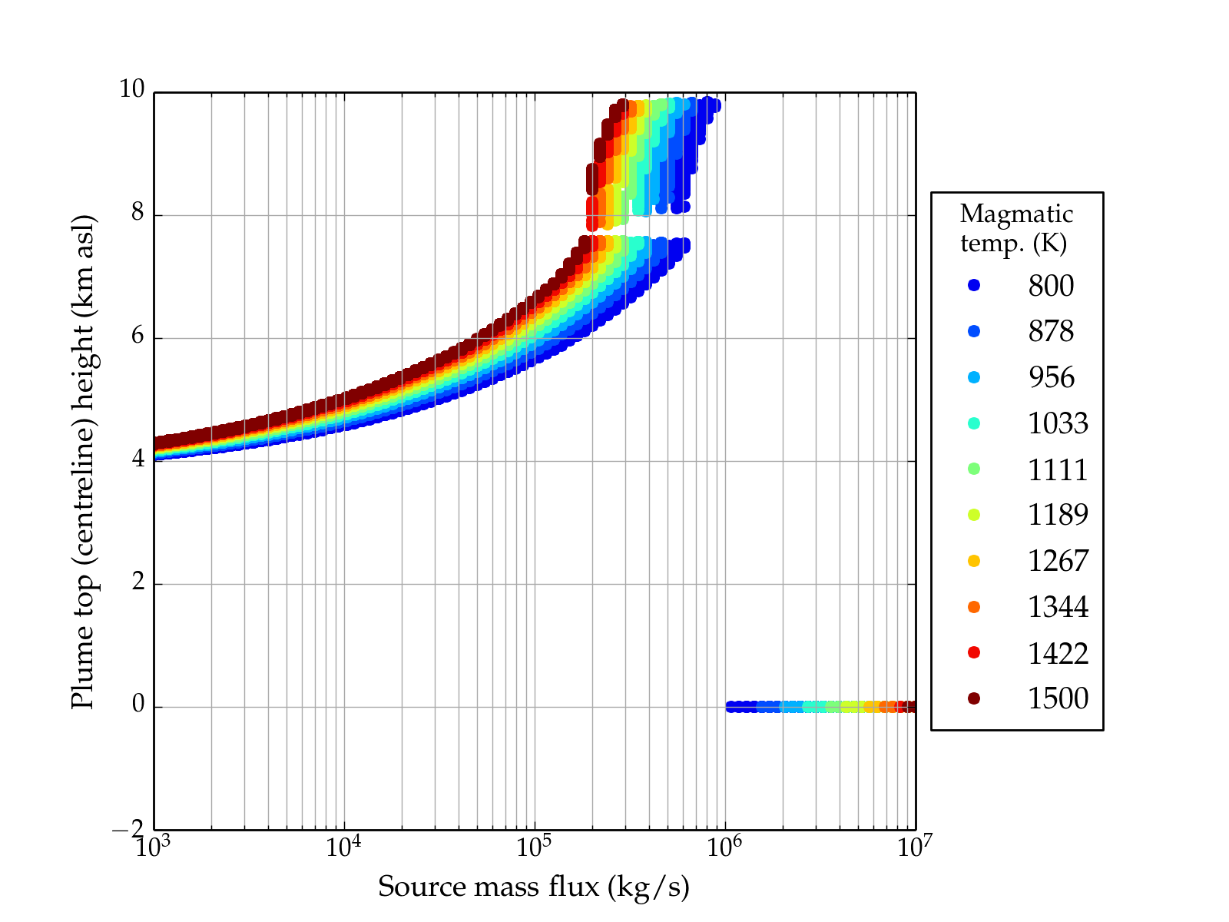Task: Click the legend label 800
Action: pyautogui.click(x=1051, y=286)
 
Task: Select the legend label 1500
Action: pyautogui.click(x=1058, y=698)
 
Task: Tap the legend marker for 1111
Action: pyautogui.click(x=974, y=469)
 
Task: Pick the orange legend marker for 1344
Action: pyautogui.click(x=974, y=607)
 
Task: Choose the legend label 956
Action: pyautogui.click(x=1051, y=377)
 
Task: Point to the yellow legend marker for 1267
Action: pyautogui.click(x=974, y=561)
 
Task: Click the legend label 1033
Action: pyautogui.click(x=1058, y=423)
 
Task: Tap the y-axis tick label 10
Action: pyautogui.click(x=131, y=90)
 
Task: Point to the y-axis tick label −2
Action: pyautogui.click(x=128, y=829)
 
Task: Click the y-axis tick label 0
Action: pyautogui.click(x=138, y=705)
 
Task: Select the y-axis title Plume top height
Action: pyautogui.click(x=82, y=461)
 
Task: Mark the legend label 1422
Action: pyautogui.click(x=1058, y=653)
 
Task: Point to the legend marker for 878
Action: pyautogui.click(x=974, y=331)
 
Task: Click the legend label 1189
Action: pyautogui.click(x=1058, y=515)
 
